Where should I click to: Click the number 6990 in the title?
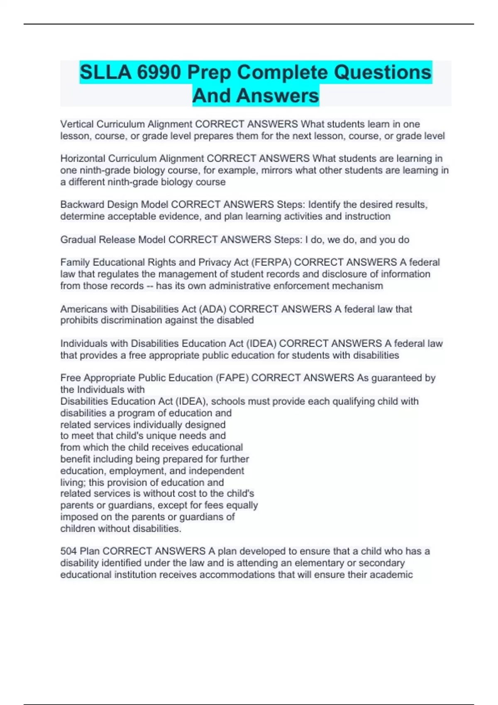pyautogui.click(x=159, y=73)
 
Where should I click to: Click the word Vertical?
pyautogui.click(x=77, y=124)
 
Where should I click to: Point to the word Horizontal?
pyautogui.click(x=83, y=158)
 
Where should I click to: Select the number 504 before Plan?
pyautogui.click(x=68, y=551)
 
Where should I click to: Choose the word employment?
pyautogui.click(x=137, y=471)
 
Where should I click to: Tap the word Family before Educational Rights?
pyautogui.click(x=75, y=262)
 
